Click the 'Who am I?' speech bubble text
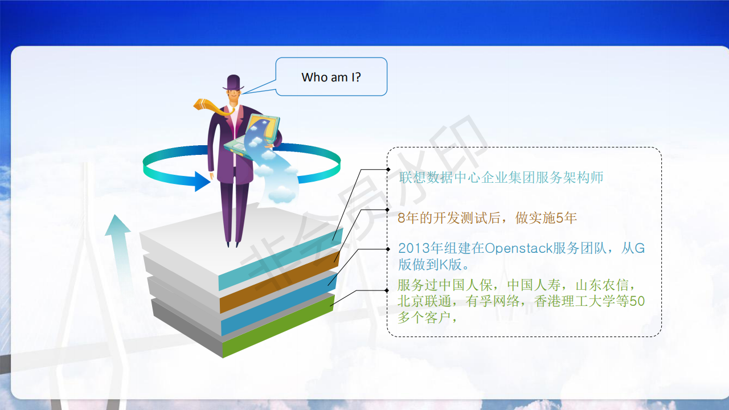click(331, 77)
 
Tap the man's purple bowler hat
click(234, 83)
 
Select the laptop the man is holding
click(252, 136)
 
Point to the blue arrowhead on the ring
click(202, 181)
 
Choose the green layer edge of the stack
click(279, 326)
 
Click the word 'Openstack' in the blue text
click(518, 249)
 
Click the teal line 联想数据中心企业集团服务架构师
click(501, 178)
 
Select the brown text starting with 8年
click(487, 218)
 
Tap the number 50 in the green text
click(637, 301)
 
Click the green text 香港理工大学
click(575, 301)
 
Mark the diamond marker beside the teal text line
click(388, 170)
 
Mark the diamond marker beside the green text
click(387, 290)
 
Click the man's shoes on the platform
click(233, 244)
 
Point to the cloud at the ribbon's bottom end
click(282, 194)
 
